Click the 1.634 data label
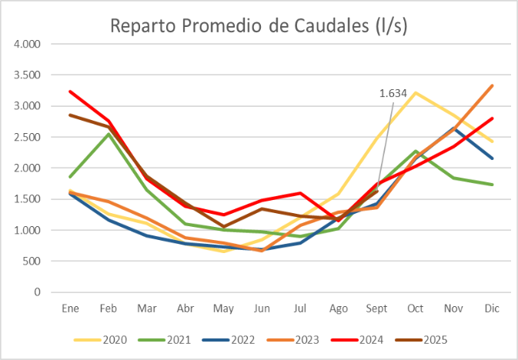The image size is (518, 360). (x=393, y=93)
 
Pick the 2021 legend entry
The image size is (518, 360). (x=169, y=338)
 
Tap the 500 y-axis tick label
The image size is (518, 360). (x=32, y=262)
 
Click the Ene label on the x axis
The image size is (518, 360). (x=71, y=308)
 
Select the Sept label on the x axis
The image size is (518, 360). (x=377, y=308)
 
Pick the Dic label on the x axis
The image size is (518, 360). (x=492, y=308)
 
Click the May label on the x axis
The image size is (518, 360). (x=224, y=308)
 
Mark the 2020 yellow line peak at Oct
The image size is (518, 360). (x=416, y=93)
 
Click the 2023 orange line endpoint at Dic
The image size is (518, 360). (x=492, y=85)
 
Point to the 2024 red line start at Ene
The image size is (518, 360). (x=71, y=92)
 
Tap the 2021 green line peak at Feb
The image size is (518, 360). (x=109, y=134)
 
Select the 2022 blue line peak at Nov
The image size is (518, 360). (x=454, y=128)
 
